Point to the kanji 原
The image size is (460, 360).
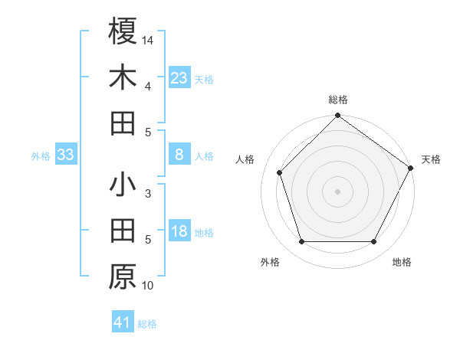point(123,277)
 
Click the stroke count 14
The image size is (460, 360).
point(148,39)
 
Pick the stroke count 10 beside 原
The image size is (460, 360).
point(148,286)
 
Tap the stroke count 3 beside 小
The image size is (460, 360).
point(148,193)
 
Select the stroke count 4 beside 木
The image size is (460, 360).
point(148,86)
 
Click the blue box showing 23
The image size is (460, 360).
point(179,78)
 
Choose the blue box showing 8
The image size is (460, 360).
point(179,155)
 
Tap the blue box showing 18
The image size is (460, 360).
point(179,231)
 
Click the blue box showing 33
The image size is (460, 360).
point(66,155)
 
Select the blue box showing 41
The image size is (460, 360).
point(123,322)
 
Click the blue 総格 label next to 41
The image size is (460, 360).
point(147,324)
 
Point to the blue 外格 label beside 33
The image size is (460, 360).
point(41,156)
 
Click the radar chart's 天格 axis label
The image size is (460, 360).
point(431,159)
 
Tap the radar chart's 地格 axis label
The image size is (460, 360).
point(402,262)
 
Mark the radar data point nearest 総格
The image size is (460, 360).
point(337,116)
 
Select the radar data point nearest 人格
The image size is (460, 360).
point(280,172)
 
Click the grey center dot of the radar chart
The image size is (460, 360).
point(337,191)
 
